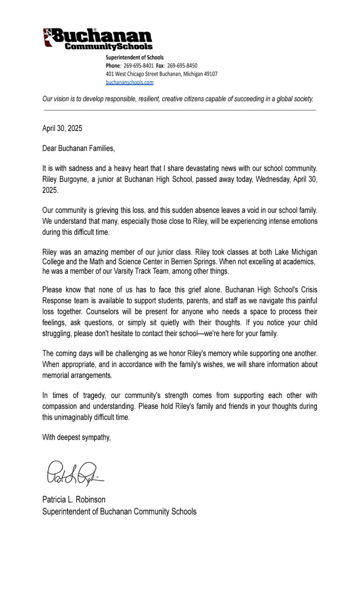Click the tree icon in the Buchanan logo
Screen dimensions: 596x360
click(47, 37)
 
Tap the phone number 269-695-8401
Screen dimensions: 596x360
click(138, 66)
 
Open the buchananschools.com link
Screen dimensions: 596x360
click(129, 82)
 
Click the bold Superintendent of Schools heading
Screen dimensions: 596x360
click(135, 58)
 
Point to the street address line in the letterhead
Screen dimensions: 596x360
click(161, 74)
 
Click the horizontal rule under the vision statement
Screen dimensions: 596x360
click(180, 110)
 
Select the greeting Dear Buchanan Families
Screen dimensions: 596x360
click(78, 149)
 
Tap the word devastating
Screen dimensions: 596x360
click(200, 168)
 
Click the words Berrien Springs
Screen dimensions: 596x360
click(235, 261)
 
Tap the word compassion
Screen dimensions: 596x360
click(63, 406)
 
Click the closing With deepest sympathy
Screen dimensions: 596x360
click(76, 438)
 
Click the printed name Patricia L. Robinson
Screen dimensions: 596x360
click(74, 499)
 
